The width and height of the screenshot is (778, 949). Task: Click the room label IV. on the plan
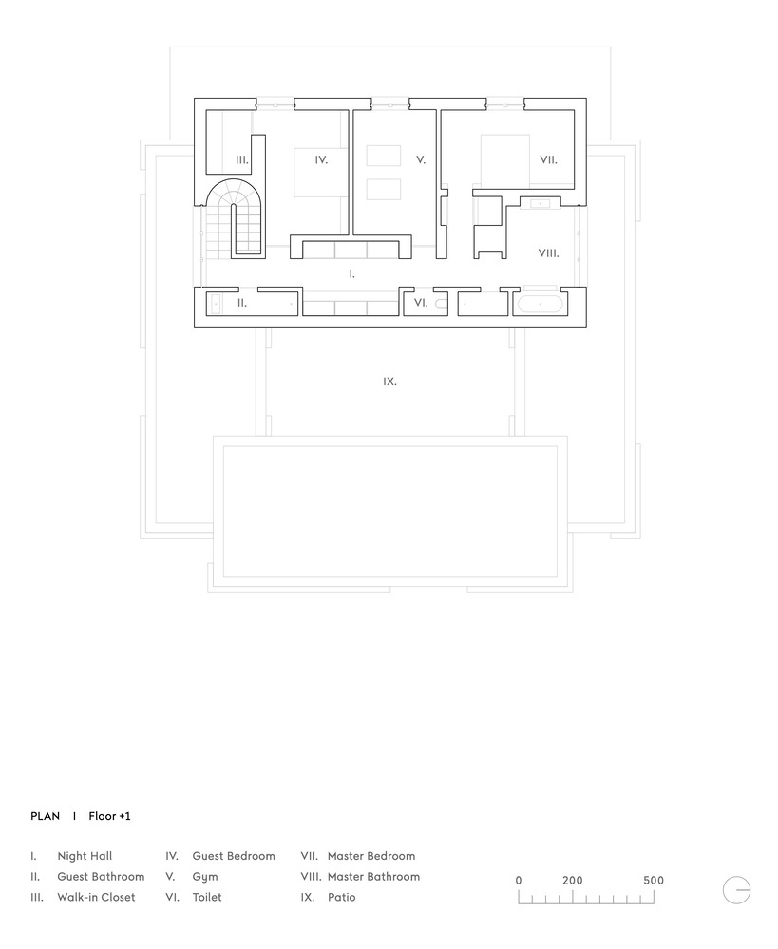point(321,160)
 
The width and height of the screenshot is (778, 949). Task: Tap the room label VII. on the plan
point(548,160)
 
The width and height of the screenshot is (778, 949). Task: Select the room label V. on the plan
point(421,160)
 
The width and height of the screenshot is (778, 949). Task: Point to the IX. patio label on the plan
point(389,381)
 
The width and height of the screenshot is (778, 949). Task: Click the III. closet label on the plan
point(242,160)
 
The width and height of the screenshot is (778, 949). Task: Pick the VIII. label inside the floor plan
point(548,253)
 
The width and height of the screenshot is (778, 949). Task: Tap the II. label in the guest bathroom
point(242,303)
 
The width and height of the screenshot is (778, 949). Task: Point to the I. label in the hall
point(352,273)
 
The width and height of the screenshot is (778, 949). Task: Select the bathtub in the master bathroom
point(540,305)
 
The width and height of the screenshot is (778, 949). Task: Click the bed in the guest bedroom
point(318,172)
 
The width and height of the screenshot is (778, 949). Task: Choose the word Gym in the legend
point(204,877)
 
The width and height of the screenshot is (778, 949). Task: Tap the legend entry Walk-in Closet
point(96,897)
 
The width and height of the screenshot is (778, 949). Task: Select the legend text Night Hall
point(85,856)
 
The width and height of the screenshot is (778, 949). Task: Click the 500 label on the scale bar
point(653,881)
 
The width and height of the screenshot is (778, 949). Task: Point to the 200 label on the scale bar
point(572,881)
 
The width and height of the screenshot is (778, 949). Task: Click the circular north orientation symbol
point(736,890)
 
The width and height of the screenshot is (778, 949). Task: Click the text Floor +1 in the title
point(109,816)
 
